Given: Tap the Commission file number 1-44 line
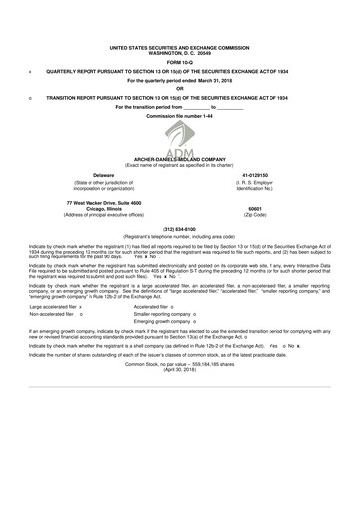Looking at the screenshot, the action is pos(180,116).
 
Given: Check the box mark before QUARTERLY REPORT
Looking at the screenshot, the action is pos(33,72).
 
